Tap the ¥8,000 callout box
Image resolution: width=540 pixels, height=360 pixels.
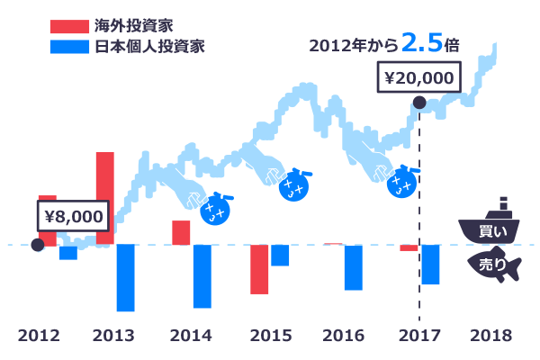[x=72, y=216]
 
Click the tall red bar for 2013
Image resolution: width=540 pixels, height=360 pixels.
[x=105, y=198]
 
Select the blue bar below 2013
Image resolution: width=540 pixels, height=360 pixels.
[x=125, y=277]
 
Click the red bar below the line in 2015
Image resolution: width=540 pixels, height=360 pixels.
[x=259, y=268]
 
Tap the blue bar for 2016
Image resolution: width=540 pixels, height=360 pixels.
[x=353, y=267]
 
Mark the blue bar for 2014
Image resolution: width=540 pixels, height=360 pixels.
[x=202, y=276]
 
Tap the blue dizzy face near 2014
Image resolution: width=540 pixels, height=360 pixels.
[x=215, y=210]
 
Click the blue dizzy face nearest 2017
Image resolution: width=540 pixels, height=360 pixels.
[x=401, y=184]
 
